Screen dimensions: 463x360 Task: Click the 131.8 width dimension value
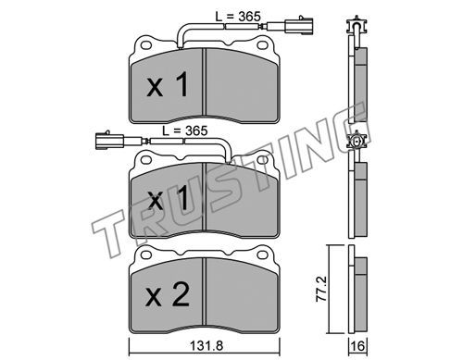[x=206, y=346]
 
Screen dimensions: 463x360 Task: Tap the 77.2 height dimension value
[x=321, y=289]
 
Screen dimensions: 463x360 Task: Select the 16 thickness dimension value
[x=357, y=346]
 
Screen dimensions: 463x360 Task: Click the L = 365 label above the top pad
[x=238, y=17]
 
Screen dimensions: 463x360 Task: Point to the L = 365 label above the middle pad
[x=185, y=130]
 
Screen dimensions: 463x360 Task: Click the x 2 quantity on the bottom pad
[x=167, y=295]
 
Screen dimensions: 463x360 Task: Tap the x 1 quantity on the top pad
[x=167, y=84]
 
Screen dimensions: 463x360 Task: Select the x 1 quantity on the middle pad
[x=167, y=199]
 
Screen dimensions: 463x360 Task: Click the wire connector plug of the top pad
[x=290, y=27]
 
